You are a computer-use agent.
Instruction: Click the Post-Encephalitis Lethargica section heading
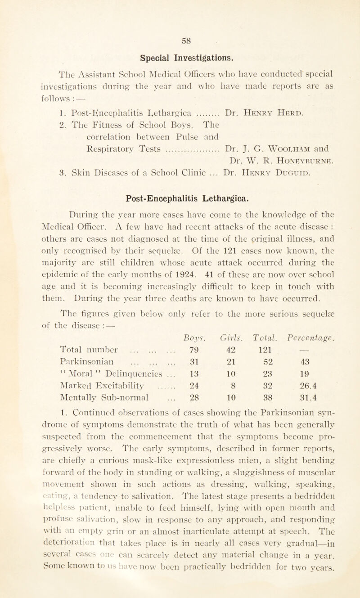click(x=180, y=171)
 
